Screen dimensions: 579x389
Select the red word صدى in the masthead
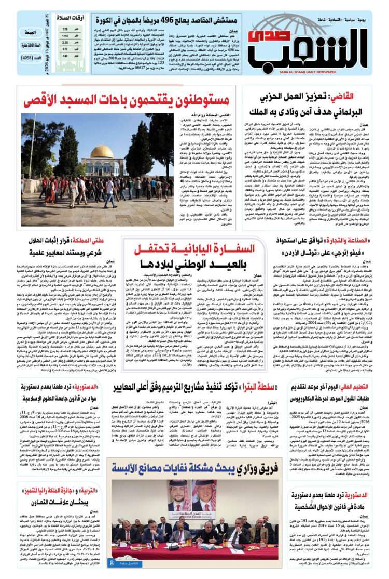pyautogui.click(x=264, y=36)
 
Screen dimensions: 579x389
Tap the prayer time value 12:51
pyautogui.click(x=65, y=36)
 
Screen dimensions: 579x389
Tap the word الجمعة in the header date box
pyautogui.click(x=32, y=32)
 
